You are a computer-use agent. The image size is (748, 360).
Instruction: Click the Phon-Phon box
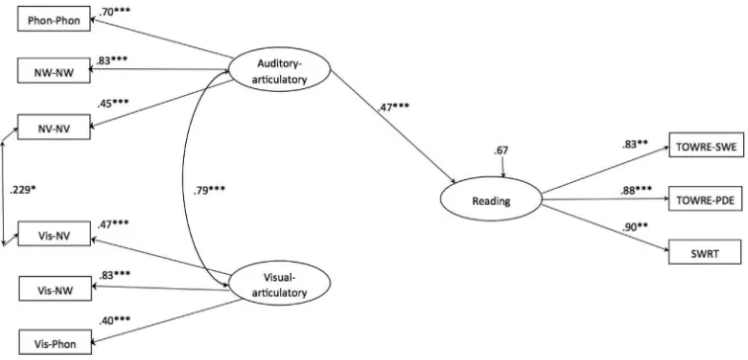coord(53,19)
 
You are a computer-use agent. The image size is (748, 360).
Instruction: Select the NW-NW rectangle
coord(53,70)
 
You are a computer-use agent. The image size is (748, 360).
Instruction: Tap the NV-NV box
coord(53,127)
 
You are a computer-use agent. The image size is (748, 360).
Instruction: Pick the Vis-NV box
coord(53,233)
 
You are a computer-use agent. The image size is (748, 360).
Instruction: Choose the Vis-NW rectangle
coord(54,289)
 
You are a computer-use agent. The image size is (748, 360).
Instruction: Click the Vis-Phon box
coord(54,343)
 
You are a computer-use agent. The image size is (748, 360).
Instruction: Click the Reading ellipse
coord(491,201)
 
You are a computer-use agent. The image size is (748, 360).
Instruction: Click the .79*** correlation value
coord(210,190)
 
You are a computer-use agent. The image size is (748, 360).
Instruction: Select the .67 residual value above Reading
coord(502,150)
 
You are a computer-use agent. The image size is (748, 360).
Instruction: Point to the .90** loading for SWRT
coord(634,226)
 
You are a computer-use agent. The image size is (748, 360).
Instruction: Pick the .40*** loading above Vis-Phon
coord(115,320)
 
